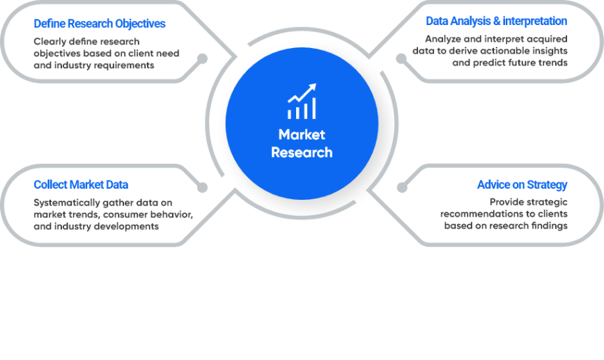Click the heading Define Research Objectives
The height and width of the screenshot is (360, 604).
coord(100,24)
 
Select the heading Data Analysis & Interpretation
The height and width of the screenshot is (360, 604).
coord(496,22)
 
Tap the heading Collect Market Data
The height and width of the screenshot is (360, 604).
coord(81,185)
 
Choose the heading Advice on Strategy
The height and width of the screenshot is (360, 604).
coord(522,185)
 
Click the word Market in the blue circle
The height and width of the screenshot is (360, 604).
coord(302,134)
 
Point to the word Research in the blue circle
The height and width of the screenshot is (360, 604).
coord(302,152)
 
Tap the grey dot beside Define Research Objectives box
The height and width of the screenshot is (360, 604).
coord(203,58)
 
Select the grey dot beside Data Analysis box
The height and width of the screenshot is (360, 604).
coord(401,58)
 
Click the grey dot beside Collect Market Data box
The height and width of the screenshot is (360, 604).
coord(203,187)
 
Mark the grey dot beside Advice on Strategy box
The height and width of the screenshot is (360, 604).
coord(401,187)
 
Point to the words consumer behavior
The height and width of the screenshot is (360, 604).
coord(139,214)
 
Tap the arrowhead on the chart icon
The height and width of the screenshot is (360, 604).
coord(313,87)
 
